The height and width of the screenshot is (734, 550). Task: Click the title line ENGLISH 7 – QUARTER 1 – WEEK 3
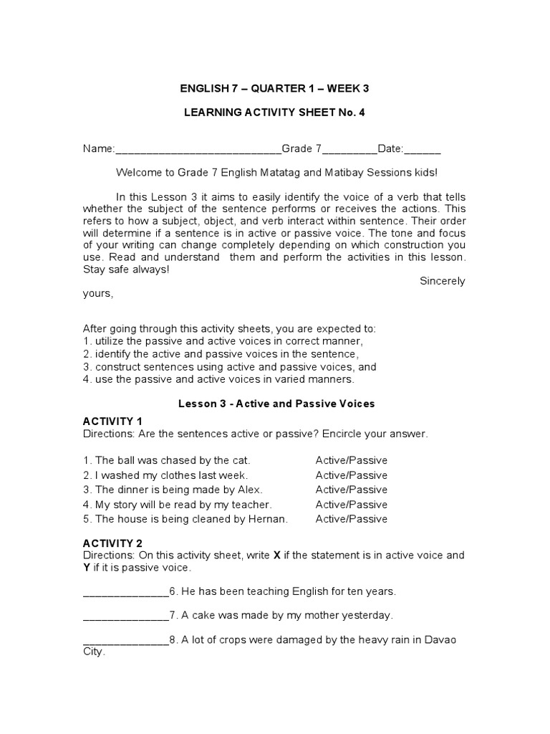click(x=274, y=88)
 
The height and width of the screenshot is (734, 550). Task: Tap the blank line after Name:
click(x=198, y=150)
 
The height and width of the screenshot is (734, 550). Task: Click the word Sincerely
click(x=442, y=281)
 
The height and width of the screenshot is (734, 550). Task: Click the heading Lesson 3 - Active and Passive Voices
click(x=276, y=404)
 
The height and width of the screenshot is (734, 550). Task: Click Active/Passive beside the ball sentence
click(x=351, y=460)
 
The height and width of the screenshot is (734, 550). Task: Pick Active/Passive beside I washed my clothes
click(x=351, y=475)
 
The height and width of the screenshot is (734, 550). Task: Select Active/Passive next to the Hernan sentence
click(x=351, y=519)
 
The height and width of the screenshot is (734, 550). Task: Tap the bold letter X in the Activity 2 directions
click(x=277, y=555)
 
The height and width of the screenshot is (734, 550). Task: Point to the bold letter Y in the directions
click(x=87, y=568)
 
